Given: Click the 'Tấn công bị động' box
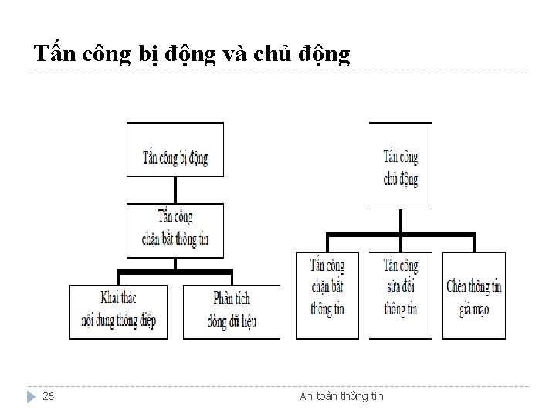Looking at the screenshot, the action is tap(175, 158).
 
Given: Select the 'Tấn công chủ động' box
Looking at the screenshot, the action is tap(401, 168).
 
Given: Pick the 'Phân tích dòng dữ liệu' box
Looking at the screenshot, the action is tap(231, 308).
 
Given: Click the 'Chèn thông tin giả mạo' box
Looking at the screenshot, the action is tap(474, 296).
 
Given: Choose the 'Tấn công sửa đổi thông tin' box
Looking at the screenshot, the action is tap(401, 286).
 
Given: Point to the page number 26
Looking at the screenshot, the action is tap(48, 397).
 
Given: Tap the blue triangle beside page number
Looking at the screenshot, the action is tap(30, 397).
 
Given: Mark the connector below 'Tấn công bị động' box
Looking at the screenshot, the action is tap(175, 190).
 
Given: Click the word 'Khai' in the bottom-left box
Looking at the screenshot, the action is tap(113, 297).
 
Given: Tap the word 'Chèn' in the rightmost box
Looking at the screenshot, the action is tap(458, 286).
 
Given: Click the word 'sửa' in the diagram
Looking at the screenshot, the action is tap(392, 286).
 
